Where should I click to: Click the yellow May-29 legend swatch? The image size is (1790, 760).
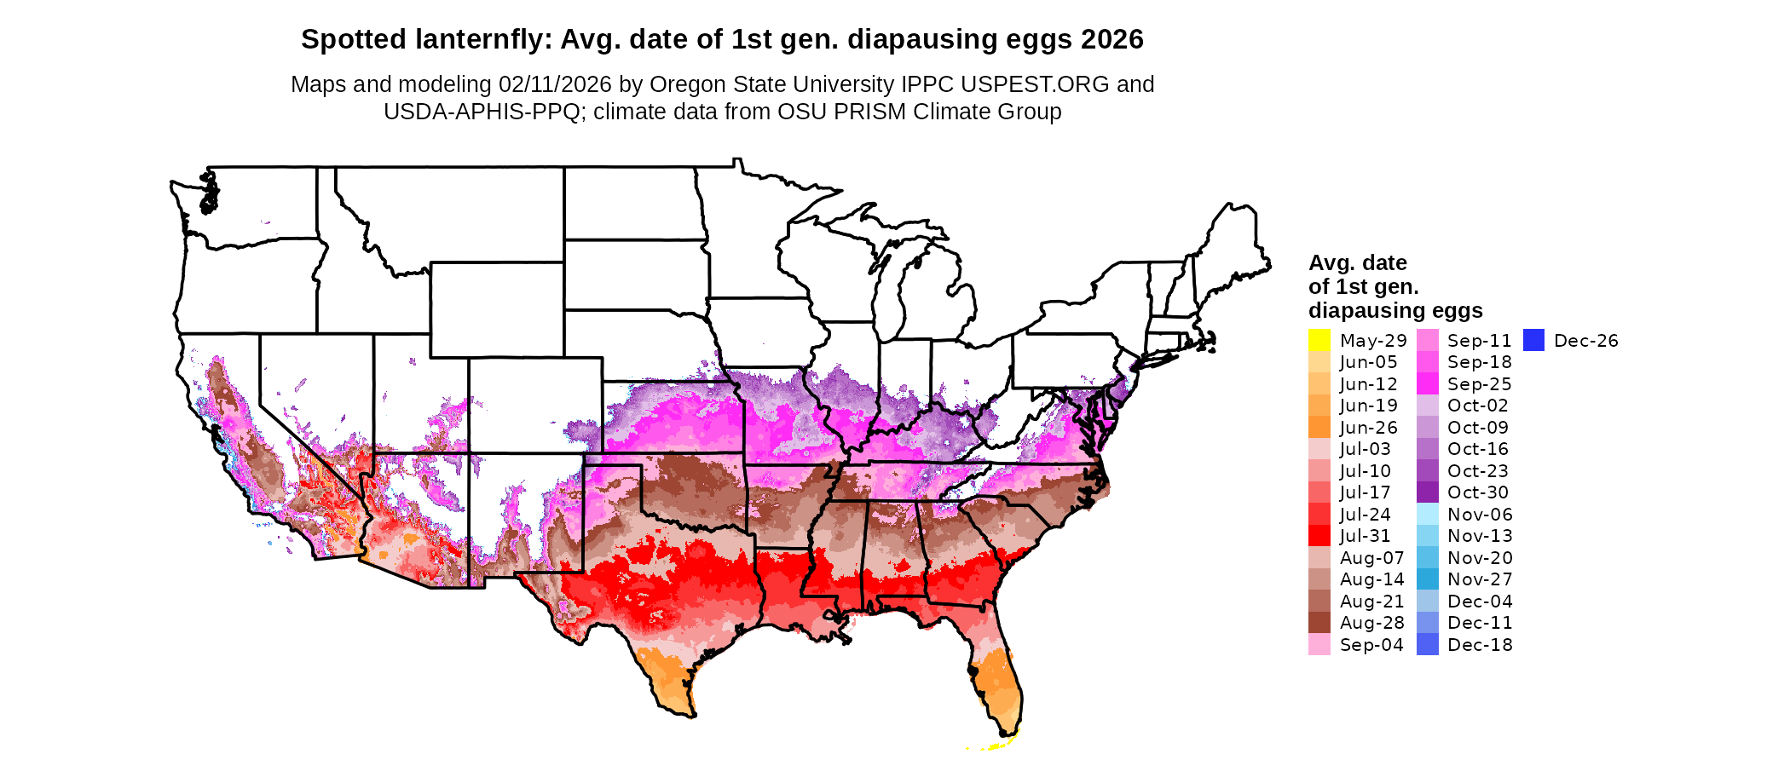click(1319, 340)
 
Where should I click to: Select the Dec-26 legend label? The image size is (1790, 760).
click(1585, 341)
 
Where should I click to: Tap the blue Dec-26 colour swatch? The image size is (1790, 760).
click(1533, 340)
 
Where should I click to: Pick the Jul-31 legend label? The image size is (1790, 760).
click(1365, 536)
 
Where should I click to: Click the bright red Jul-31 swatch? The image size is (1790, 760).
click(1319, 536)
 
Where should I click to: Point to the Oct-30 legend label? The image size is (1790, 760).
click(1478, 492)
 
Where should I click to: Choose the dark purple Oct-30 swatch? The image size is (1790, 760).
click(1428, 492)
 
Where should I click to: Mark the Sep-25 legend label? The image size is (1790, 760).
click(1479, 384)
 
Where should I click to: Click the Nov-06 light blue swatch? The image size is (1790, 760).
click(1428, 514)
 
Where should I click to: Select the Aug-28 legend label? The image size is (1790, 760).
click(1371, 623)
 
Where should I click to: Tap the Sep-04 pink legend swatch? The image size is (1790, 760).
click(1319, 644)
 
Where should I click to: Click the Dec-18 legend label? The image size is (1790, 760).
click(1480, 645)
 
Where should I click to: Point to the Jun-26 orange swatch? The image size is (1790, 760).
click(1319, 427)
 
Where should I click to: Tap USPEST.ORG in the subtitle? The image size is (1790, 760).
click(1035, 84)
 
